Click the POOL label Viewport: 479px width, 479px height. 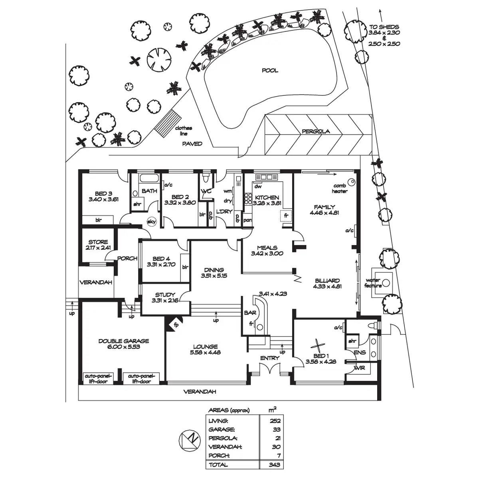(270, 71)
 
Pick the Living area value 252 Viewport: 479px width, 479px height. (275, 421)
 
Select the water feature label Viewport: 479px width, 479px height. (373, 283)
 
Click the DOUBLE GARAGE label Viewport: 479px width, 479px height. (124, 341)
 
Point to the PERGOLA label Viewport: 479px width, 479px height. (315, 131)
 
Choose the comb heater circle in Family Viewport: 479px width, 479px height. (351, 182)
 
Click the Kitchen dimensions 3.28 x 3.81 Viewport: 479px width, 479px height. (267, 203)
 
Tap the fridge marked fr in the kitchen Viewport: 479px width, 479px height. (286, 216)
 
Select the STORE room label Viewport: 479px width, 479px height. (98, 242)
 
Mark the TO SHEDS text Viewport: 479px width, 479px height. (384, 27)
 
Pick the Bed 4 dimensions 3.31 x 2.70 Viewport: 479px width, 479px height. (161, 264)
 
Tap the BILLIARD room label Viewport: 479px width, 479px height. (327, 281)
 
